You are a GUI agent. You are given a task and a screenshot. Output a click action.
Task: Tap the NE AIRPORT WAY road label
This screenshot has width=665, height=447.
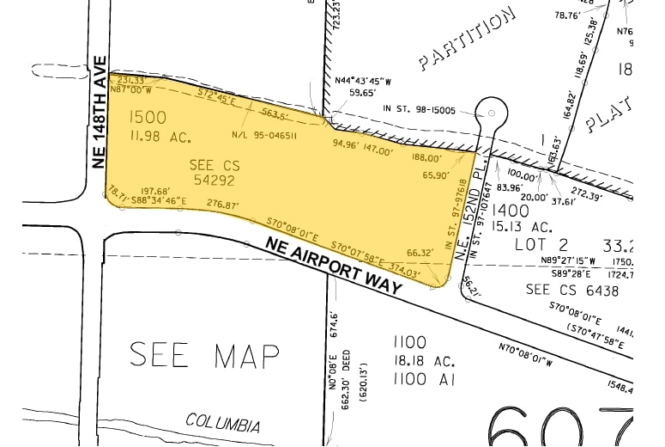[x=335, y=266]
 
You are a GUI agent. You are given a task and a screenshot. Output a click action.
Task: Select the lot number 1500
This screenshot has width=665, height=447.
[x=148, y=117]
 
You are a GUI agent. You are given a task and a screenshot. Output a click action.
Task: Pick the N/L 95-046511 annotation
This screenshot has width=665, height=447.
[x=263, y=135]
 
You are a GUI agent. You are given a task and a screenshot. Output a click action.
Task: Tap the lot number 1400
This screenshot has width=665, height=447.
[x=511, y=210]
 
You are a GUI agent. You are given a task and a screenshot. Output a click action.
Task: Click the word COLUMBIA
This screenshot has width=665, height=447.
[x=223, y=425]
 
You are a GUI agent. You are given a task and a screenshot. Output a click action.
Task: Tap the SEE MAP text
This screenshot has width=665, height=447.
[x=205, y=354]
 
